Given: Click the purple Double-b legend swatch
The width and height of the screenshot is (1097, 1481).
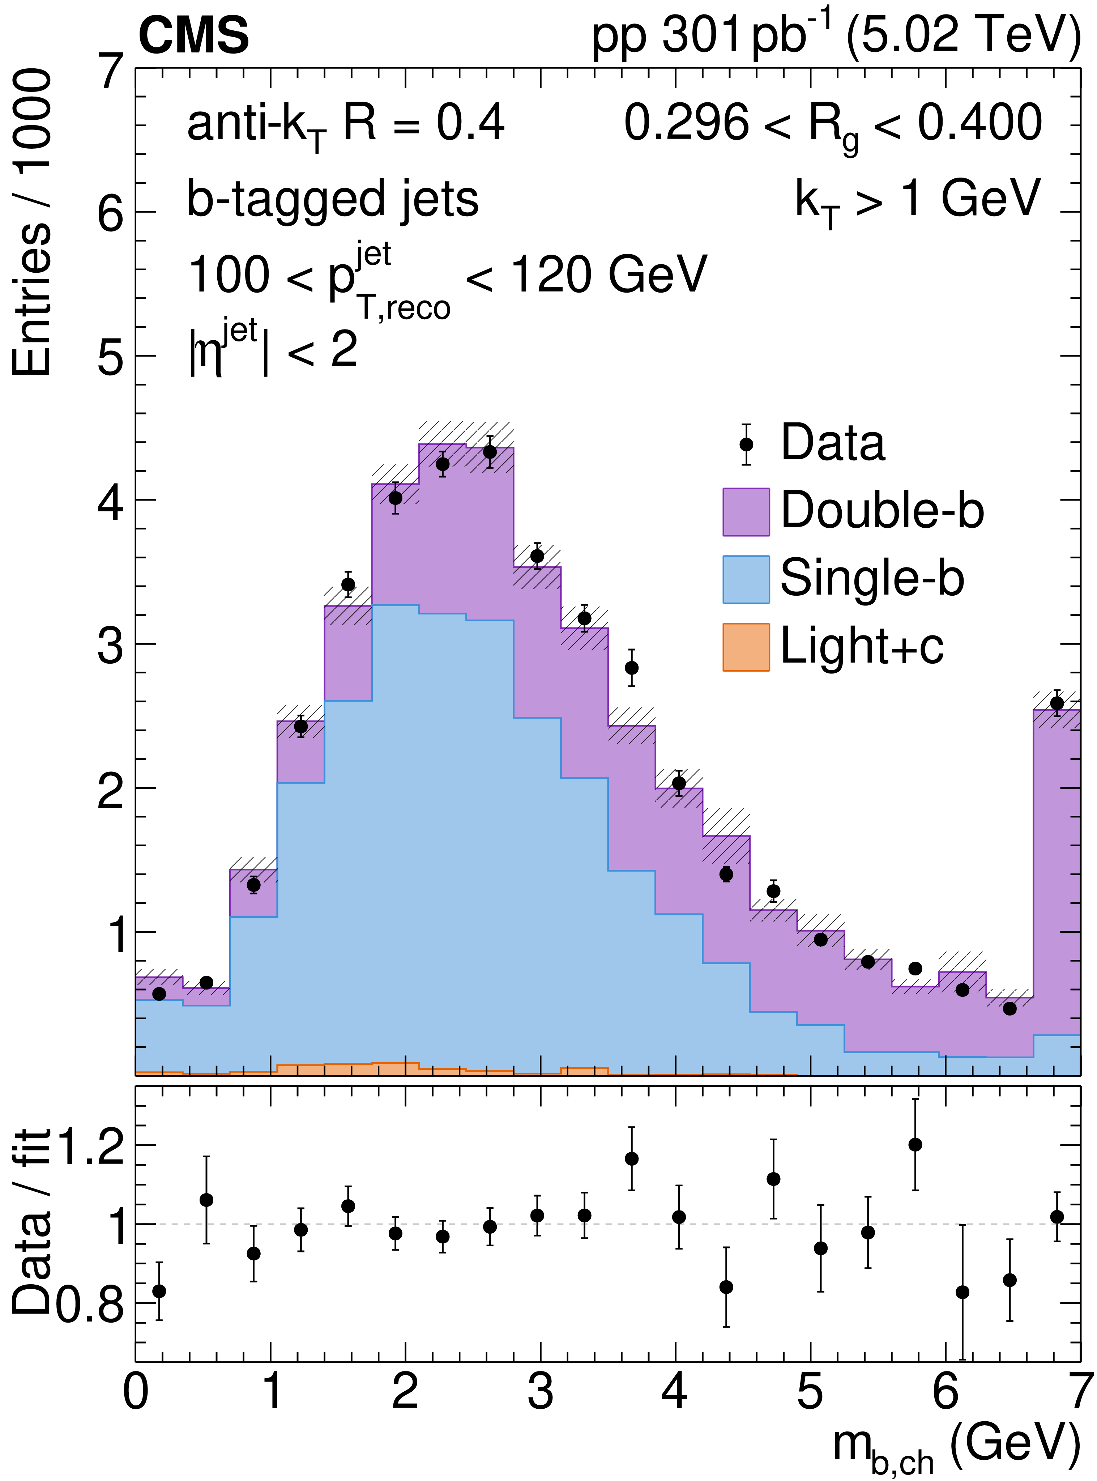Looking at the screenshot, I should click(746, 511).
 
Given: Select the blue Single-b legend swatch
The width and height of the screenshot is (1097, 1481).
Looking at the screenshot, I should click(746, 579).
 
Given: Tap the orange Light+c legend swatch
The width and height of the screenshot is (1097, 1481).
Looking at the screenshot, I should click(746, 647).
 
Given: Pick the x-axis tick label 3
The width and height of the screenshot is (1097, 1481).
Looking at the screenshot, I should click(541, 1391).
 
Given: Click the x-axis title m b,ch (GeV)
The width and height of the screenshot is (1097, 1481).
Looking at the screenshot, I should click(956, 1448).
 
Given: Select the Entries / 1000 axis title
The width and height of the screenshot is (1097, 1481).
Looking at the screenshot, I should click(32, 226).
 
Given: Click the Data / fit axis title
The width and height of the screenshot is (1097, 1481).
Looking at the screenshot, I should click(32, 1222).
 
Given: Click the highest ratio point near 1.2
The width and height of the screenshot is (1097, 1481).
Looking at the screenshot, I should click(915, 1144).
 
